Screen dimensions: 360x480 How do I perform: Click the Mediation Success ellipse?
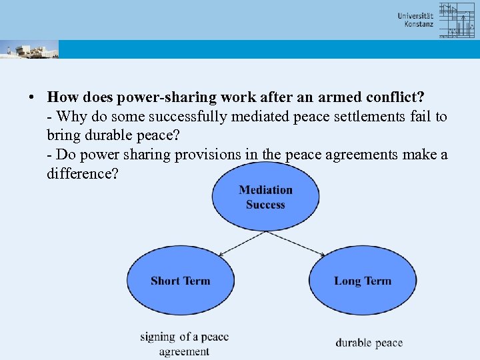(265, 197)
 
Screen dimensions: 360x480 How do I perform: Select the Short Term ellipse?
(181, 281)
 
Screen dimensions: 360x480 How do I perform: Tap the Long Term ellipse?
(363, 281)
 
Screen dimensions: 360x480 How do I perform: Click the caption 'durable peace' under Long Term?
(369, 343)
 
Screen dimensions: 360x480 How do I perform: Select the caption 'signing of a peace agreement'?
(184, 344)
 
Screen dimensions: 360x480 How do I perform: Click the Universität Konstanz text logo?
(415, 20)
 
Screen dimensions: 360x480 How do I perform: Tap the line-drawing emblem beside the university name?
(457, 20)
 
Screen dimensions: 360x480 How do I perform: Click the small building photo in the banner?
(29, 49)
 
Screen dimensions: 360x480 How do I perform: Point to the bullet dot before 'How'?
(31, 97)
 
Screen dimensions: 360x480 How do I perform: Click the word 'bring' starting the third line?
(63, 135)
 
